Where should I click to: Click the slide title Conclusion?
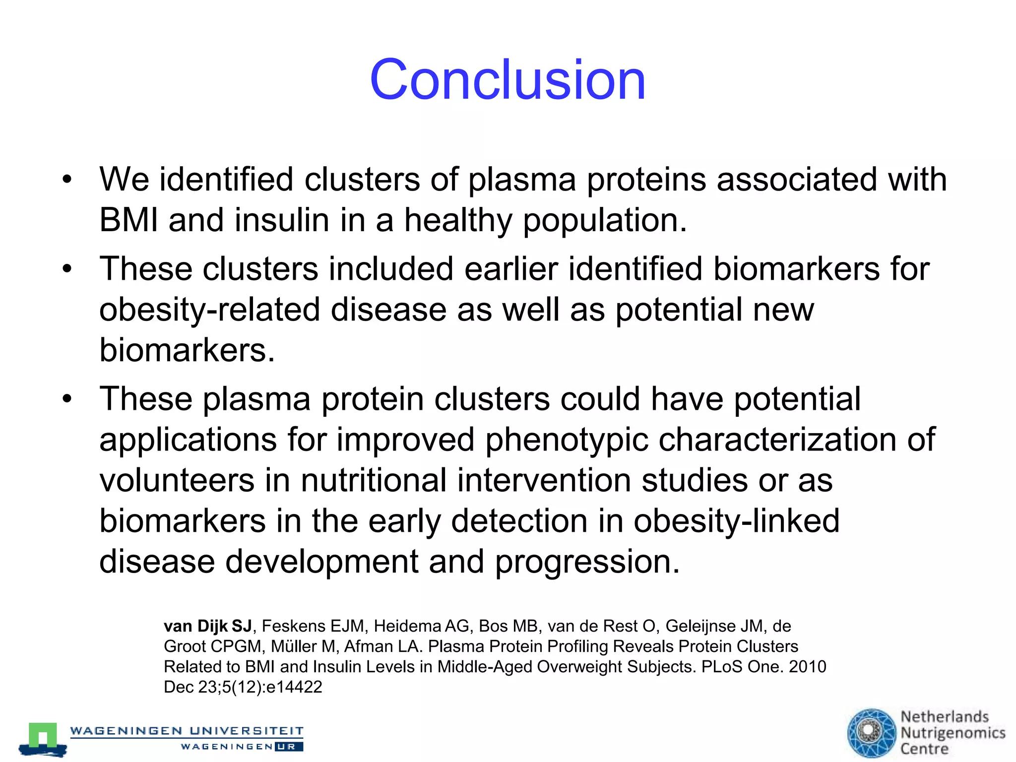click(x=507, y=80)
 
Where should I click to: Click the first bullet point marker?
click(x=67, y=179)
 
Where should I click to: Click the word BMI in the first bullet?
click(x=128, y=220)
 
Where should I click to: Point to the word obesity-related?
click(x=209, y=310)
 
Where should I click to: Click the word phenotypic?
click(x=567, y=440)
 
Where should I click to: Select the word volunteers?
click(x=177, y=481)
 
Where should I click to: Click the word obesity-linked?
click(x=736, y=521)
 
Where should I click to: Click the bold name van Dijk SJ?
click(x=208, y=626)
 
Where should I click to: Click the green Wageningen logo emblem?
click(x=43, y=739)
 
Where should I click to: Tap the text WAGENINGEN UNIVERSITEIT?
click(x=187, y=731)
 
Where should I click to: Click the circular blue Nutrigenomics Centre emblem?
click(x=871, y=733)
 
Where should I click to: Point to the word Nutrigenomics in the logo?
click(x=952, y=733)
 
